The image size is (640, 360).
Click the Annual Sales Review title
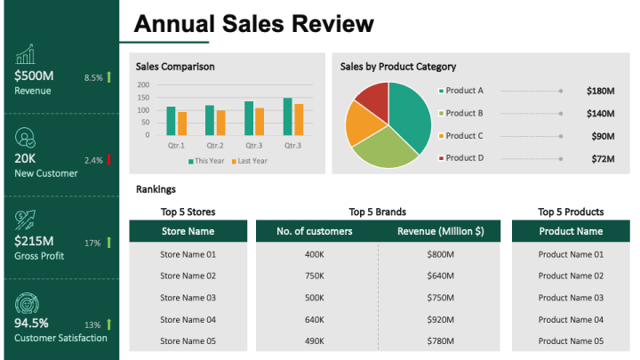click(x=253, y=23)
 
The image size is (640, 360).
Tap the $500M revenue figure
click(x=35, y=76)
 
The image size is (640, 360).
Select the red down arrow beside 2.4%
click(x=108, y=160)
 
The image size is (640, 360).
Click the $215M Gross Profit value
click(x=35, y=241)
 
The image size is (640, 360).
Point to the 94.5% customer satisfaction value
click(x=32, y=323)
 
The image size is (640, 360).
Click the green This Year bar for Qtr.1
click(x=171, y=121)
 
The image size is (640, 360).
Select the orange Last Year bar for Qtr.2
click(x=221, y=123)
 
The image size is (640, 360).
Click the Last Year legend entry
click(x=250, y=161)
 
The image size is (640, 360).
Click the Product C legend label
click(x=464, y=136)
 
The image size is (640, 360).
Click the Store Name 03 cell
click(x=188, y=298)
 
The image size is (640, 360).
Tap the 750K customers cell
click(x=315, y=276)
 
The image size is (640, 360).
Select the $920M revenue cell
click(x=440, y=319)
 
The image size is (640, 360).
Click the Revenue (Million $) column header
click(x=440, y=231)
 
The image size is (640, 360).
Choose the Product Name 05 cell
click(x=571, y=341)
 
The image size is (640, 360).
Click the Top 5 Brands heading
click(x=378, y=212)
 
